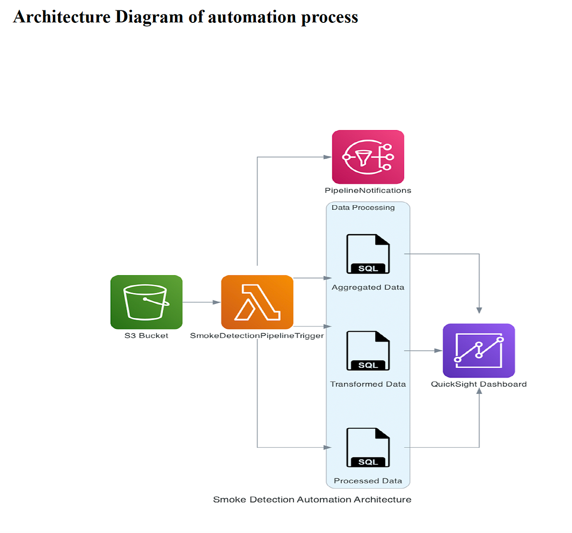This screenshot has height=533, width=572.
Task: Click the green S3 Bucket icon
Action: (x=146, y=302)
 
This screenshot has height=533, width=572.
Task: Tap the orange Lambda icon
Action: (x=257, y=302)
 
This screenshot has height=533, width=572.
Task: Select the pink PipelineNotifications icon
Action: (x=368, y=157)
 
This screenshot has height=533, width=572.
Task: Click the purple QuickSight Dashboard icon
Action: (x=479, y=351)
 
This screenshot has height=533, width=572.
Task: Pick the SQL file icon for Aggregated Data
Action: (x=368, y=254)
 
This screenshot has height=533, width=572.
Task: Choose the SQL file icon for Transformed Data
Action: (x=368, y=351)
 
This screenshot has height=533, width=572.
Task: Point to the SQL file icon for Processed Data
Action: (x=368, y=447)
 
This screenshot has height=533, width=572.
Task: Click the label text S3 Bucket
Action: (x=146, y=336)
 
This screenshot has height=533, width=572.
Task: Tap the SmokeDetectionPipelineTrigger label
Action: (x=257, y=336)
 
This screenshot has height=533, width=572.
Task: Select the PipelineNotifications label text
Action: (x=368, y=190)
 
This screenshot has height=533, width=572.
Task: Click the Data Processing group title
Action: (x=363, y=207)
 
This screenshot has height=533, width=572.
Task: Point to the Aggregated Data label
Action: (x=368, y=287)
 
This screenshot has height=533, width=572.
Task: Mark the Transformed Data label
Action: (x=368, y=384)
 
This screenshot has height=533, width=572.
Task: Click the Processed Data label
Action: (x=368, y=481)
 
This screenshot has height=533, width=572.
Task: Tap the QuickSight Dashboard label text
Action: (x=479, y=384)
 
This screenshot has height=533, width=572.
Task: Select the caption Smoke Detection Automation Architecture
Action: (x=312, y=500)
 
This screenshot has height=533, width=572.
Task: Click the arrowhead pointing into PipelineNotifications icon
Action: (x=327, y=157)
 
